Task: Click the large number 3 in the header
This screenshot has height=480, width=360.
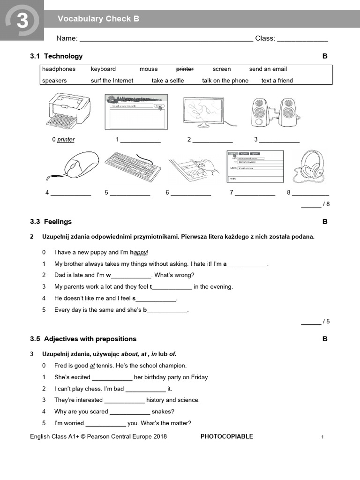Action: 22,21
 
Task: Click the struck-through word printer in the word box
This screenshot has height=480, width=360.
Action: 185,69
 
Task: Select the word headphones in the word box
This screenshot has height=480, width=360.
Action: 59,69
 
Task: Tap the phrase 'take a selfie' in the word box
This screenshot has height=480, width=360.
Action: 168,81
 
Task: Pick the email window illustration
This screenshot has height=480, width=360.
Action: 255,167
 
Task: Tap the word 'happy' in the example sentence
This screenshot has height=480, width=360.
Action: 140,252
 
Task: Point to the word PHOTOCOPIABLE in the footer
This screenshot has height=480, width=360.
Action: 226,436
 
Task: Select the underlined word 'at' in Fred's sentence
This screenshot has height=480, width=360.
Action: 92,366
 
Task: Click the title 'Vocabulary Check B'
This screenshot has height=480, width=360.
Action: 98,19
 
